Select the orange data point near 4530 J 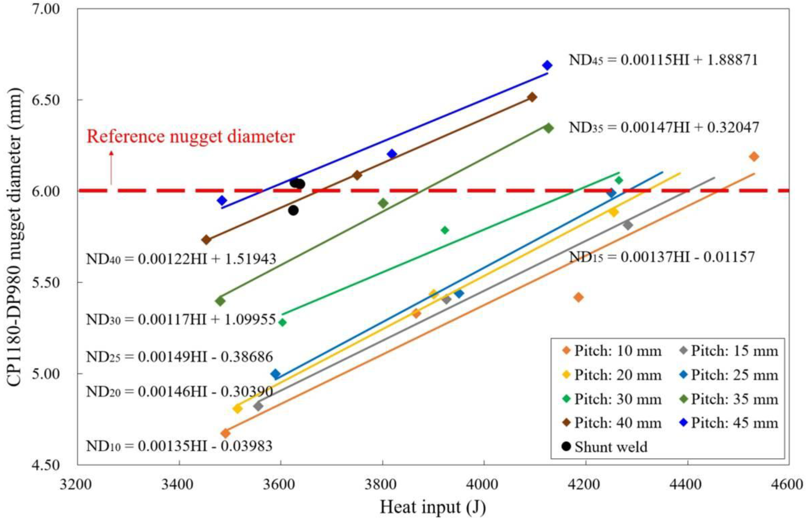(x=754, y=156)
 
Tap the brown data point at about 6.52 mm (x=532, y=97)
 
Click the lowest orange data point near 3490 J (x=225, y=433)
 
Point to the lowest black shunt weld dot (x=294, y=210)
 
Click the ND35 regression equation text (x=664, y=128)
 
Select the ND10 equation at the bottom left (x=179, y=446)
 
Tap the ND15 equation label (x=662, y=257)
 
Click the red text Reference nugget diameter (x=191, y=137)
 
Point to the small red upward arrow (x=111, y=168)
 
